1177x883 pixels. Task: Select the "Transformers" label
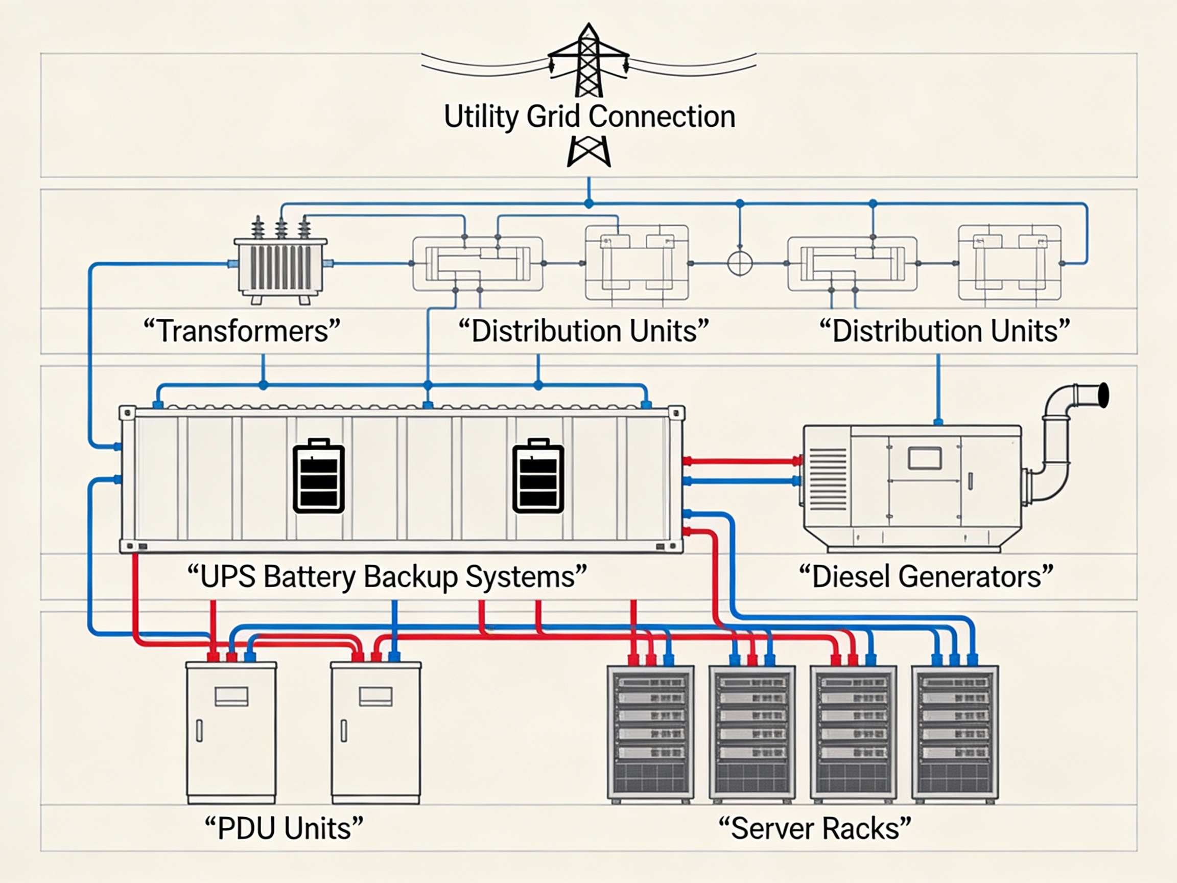242,331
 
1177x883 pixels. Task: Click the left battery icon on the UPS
319,476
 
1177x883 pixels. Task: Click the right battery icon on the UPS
538,476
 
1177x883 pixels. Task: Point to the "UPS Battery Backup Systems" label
387,576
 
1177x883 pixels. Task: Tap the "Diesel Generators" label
926,576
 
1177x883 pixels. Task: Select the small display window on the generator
925,458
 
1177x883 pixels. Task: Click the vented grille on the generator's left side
828,479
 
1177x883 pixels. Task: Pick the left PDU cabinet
231,732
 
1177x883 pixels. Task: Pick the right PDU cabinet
375,732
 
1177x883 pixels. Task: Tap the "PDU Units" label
284,828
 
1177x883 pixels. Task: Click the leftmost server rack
650,734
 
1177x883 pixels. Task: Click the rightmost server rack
955,734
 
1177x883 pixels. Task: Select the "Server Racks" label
815,828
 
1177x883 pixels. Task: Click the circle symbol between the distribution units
740,263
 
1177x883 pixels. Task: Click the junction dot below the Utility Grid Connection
588,203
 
